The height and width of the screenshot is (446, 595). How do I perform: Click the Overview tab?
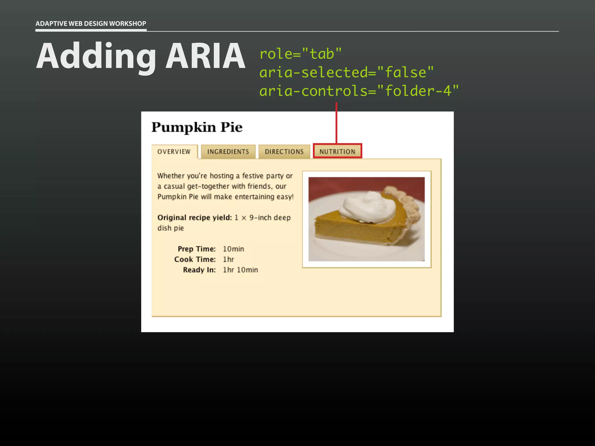tap(174, 152)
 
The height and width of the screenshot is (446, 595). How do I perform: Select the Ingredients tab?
tap(228, 152)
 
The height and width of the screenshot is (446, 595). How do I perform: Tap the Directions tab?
tap(284, 152)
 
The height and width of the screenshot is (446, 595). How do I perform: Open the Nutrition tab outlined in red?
tap(337, 151)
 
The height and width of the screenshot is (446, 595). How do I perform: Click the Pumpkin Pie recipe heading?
tap(197, 127)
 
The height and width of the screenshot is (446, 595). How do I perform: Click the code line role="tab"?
tap(300, 54)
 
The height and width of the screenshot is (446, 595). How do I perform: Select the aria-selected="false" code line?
tap(346, 72)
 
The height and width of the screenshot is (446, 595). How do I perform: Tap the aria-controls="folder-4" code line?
tap(359, 91)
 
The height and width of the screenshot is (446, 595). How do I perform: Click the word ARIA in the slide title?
tap(205, 56)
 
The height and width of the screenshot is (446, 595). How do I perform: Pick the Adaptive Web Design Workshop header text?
tap(91, 24)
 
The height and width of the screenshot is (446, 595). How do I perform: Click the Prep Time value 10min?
tap(233, 249)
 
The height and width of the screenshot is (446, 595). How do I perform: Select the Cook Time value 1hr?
tap(228, 259)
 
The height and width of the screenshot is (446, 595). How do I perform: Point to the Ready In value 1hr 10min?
tap(240, 270)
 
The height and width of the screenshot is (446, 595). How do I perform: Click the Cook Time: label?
tap(195, 259)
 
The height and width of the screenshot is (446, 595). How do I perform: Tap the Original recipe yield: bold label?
tap(195, 217)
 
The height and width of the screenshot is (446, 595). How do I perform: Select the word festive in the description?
tap(253, 176)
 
